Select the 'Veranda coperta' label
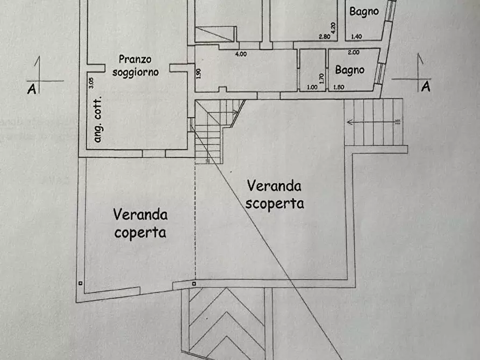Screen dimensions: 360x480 pos(140,223)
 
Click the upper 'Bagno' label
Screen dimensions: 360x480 pos(364,11)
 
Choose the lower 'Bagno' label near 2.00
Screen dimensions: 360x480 pos(349,69)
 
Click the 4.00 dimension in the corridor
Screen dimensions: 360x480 pos(240,54)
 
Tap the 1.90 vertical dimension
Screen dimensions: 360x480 pos(199,74)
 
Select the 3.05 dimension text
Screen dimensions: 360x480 pos(91,83)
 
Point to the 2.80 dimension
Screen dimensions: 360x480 pos(324,37)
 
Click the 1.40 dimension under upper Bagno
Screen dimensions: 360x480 pos(356,37)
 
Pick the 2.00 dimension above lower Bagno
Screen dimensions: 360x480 pos(354,53)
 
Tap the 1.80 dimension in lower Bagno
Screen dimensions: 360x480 pos(339,88)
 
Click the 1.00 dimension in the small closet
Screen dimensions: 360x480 pos(312,88)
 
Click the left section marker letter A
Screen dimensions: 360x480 pos(32,89)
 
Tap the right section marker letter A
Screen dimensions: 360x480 pos(426,87)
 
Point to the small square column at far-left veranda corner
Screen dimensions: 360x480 pos(80,283)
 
